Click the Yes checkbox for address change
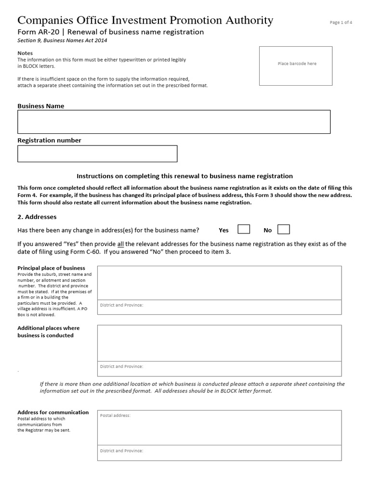244,229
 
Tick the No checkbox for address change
284,229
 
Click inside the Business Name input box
174,122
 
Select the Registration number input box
97,154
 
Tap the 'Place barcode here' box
296,65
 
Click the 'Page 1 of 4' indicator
341,23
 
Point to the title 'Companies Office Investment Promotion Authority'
145,20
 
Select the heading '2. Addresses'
37,217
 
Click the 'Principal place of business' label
51,268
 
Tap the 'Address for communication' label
53,413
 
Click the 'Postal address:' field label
115,415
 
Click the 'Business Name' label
40,106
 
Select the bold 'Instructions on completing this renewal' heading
185,176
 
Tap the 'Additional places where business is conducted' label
48,332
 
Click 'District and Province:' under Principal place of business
121,305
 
